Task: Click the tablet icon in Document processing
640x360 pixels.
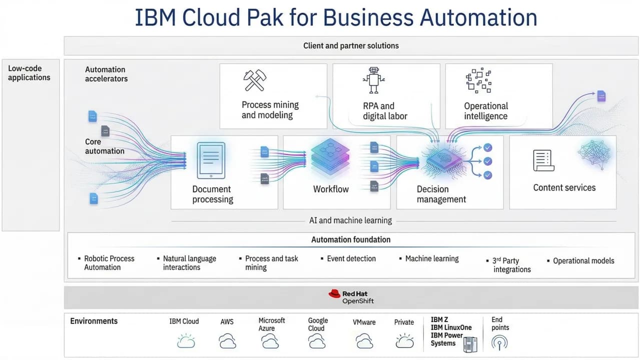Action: (211, 160)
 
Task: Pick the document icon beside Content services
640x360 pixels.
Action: (542, 160)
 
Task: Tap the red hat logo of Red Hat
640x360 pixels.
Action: (334, 294)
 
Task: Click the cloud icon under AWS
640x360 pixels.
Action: (227, 341)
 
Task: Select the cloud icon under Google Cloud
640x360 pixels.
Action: (317, 341)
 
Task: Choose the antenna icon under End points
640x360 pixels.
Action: (499, 342)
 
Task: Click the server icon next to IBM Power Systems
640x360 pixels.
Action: (470, 344)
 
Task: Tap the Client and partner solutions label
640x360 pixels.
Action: (351, 45)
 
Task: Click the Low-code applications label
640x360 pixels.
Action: (29, 73)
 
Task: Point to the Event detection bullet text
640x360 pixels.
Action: (351, 258)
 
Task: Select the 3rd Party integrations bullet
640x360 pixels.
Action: (511, 265)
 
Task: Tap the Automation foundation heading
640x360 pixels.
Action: (351, 239)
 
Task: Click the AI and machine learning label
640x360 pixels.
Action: (351, 220)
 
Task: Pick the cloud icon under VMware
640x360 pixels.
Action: (364, 341)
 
